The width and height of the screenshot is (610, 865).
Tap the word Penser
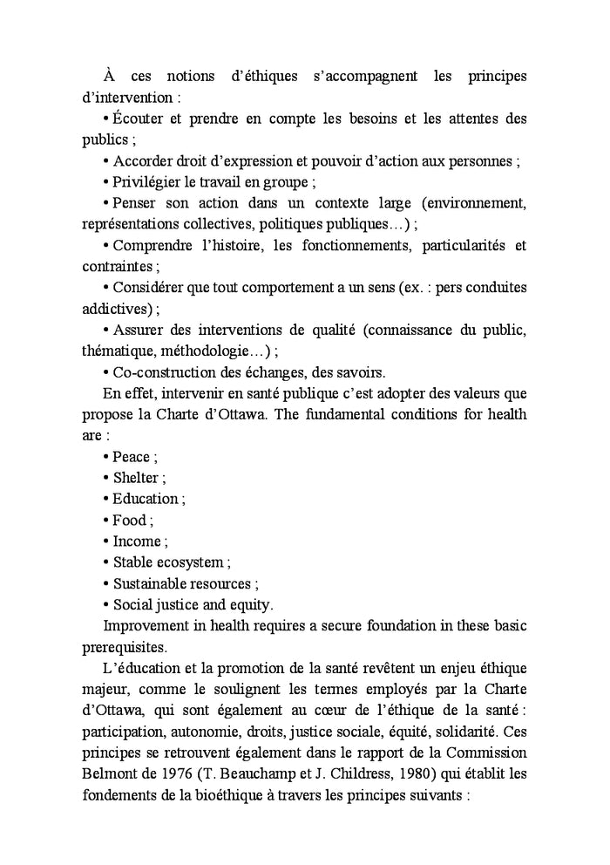click(137, 203)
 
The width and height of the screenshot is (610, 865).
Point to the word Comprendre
click(153, 246)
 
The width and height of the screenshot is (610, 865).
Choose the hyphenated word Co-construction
click(166, 372)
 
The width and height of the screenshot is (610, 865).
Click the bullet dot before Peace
click(106, 457)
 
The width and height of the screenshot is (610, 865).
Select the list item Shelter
click(135, 478)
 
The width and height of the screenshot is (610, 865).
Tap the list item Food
click(130, 521)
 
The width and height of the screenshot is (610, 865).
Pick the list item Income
click(136, 541)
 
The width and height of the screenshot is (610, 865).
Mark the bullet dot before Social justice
click(106, 605)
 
